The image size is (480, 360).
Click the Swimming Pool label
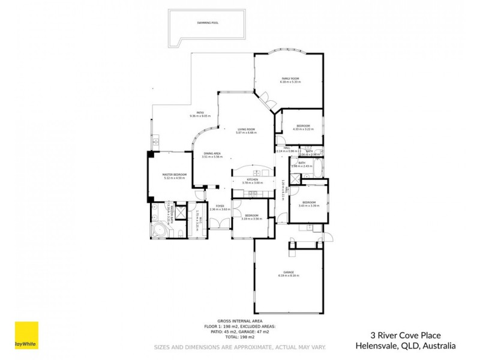(208, 23)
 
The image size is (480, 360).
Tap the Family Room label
(290, 79)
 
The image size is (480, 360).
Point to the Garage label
(289, 272)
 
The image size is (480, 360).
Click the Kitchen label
(253, 179)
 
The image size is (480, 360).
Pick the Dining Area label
(212, 153)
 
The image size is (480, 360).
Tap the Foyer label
(220, 206)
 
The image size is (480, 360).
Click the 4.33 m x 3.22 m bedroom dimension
(303, 129)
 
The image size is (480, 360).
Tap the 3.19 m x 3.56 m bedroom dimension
(251, 219)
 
